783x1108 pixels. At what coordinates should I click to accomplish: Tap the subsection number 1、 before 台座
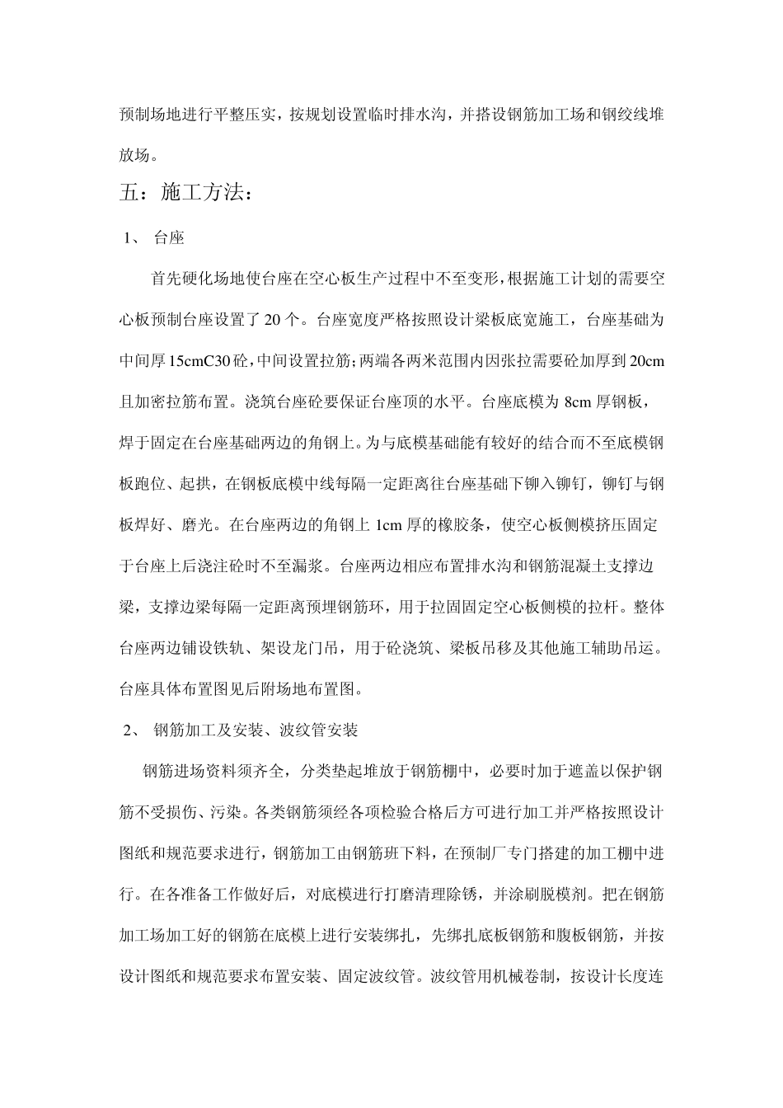(x=132, y=239)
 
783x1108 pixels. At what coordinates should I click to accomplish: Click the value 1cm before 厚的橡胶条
(x=390, y=524)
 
